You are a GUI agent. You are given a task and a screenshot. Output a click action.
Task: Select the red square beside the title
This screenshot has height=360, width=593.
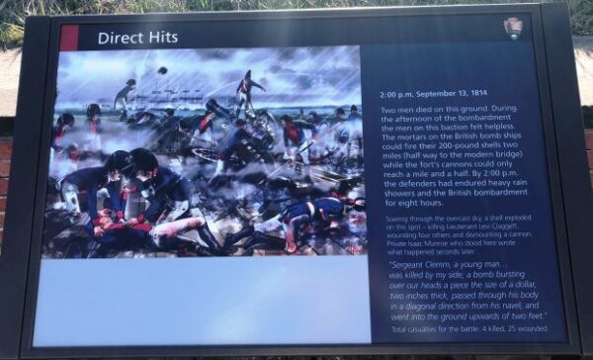point(69,38)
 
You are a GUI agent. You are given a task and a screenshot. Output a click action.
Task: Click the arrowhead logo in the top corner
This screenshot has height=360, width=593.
point(512,28)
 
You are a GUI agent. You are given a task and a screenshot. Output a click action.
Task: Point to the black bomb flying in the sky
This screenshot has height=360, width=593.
point(162,70)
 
